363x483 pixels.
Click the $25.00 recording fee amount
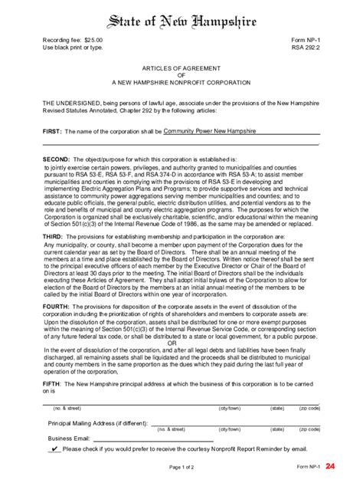90,38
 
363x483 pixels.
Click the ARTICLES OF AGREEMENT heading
181,67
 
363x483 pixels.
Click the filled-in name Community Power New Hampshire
209,131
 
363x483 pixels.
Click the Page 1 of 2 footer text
181,466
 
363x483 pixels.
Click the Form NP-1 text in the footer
308,466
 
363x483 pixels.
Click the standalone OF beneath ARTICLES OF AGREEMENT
181,74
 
